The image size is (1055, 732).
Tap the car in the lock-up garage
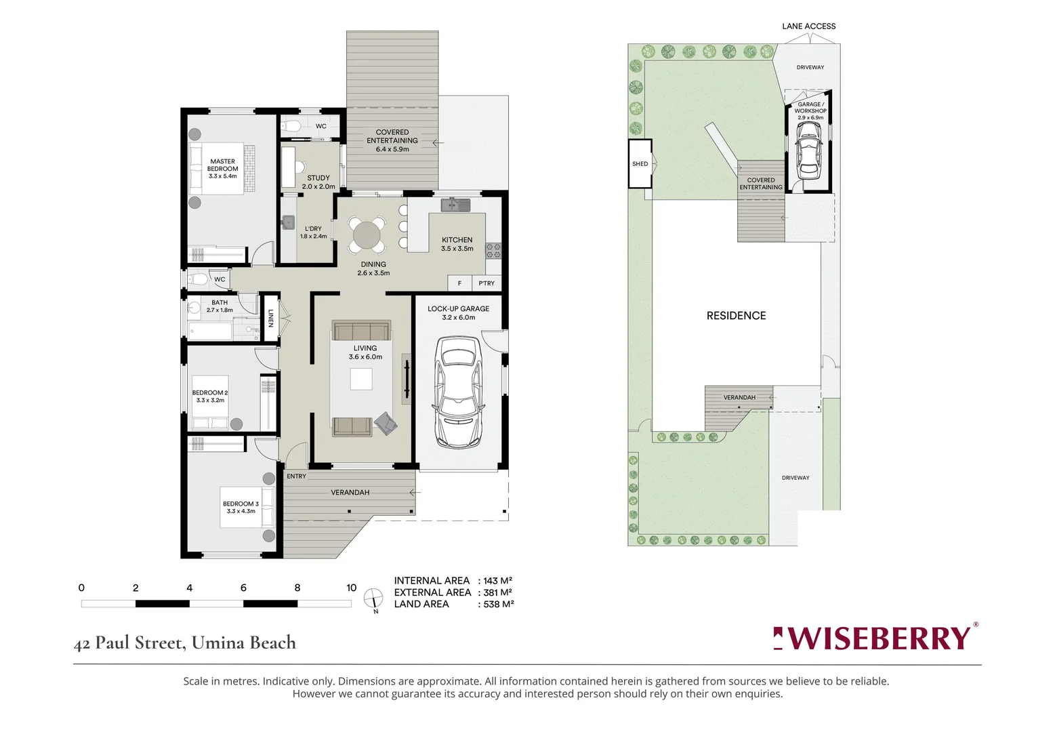[x=458, y=392]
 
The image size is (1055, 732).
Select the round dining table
[x=367, y=235]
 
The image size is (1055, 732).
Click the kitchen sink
[x=455, y=205]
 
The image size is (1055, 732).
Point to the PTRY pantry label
[x=487, y=283]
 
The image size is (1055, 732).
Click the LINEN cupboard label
[x=270, y=318]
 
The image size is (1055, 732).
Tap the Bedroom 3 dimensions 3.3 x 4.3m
[x=241, y=511]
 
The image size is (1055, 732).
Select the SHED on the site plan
[x=640, y=163]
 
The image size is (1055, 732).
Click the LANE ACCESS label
[x=808, y=26]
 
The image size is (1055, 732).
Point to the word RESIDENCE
[x=736, y=316]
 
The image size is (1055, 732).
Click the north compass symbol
[x=373, y=598]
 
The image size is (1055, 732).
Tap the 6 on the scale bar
[x=243, y=588]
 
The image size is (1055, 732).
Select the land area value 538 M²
[x=498, y=605]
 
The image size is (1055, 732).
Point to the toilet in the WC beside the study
[x=291, y=126]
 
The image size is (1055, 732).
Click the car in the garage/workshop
[x=808, y=150]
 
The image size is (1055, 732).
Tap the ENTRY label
[x=296, y=476]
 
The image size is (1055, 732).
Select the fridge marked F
[x=459, y=283]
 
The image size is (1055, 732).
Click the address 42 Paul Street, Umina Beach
[x=184, y=643]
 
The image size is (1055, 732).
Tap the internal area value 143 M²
[x=498, y=581]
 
